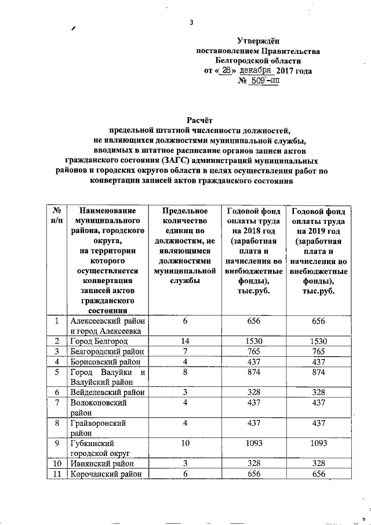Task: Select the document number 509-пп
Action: point(264,81)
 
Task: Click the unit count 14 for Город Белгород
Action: point(185,341)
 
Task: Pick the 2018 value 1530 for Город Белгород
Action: point(254,341)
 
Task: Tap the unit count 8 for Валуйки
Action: point(185,372)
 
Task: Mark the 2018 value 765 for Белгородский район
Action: point(254,352)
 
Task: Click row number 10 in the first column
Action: point(57,464)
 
